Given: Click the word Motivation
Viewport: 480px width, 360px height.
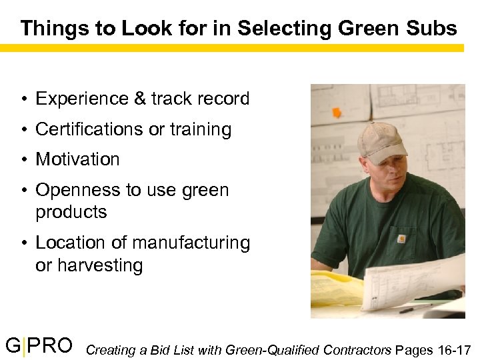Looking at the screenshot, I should tap(77, 159).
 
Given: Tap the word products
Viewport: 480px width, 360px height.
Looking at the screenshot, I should tap(71, 212).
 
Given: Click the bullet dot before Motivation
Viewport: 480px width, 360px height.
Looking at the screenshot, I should tap(23, 160).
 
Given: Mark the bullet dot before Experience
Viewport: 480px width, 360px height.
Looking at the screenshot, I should tap(23, 99).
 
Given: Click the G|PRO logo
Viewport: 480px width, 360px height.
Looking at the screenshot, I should tap(39, 346).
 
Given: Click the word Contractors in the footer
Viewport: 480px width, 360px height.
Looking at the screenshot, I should tap(358, 349).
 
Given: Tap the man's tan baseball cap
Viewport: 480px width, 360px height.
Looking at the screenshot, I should tap(382, 139).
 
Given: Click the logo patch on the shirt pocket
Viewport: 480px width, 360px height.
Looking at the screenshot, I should tap(401, 237).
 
